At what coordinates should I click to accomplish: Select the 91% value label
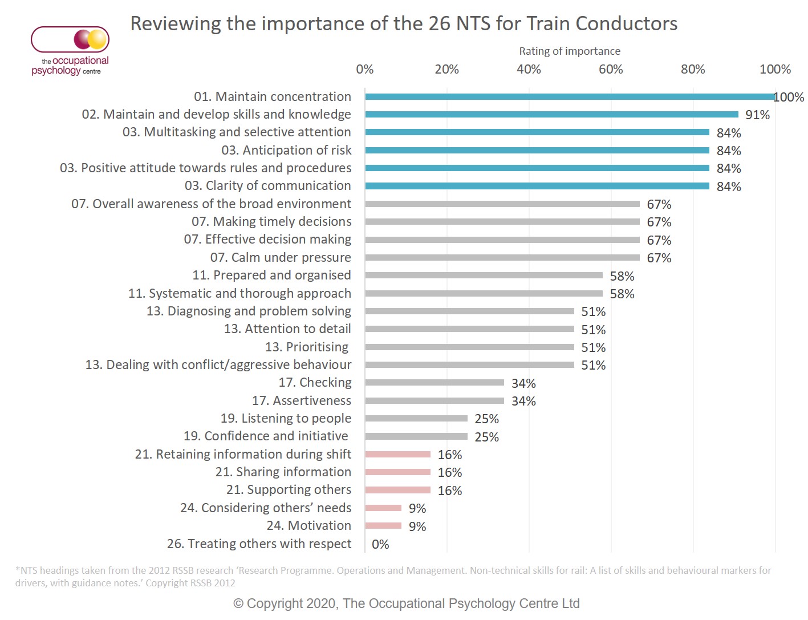click(x=757, y=115)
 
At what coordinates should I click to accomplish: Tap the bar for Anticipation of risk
click(x=537, y=151)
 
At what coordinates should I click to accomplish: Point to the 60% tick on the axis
click(x=611, y=70)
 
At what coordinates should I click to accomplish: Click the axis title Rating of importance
click(x=569, y=51)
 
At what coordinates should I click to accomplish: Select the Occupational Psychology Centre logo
click(x=70, y=51)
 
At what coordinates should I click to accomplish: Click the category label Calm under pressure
click(x=281, y=258)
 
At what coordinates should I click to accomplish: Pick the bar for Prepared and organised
click(x=484, y=275)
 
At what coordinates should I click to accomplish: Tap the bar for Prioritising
click(x=469, y=347)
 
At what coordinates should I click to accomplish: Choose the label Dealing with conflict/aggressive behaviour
click(x=218, y=365)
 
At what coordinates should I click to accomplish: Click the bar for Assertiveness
click(x=435, y=401)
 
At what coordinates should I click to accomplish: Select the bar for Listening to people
click(x=416, y=419)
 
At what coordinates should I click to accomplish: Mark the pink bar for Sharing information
click(x=397, y=472)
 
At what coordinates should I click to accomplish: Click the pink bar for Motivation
click(x=383, y=526)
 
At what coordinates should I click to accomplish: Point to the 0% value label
click(x=380, y=545)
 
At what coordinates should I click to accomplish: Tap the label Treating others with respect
click(x=259, y=544)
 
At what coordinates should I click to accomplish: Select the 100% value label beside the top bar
click(x=789, y=98)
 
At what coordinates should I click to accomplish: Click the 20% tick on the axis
click(x=446, y=70)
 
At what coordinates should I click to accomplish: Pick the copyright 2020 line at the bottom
click(x=406, y=604)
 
